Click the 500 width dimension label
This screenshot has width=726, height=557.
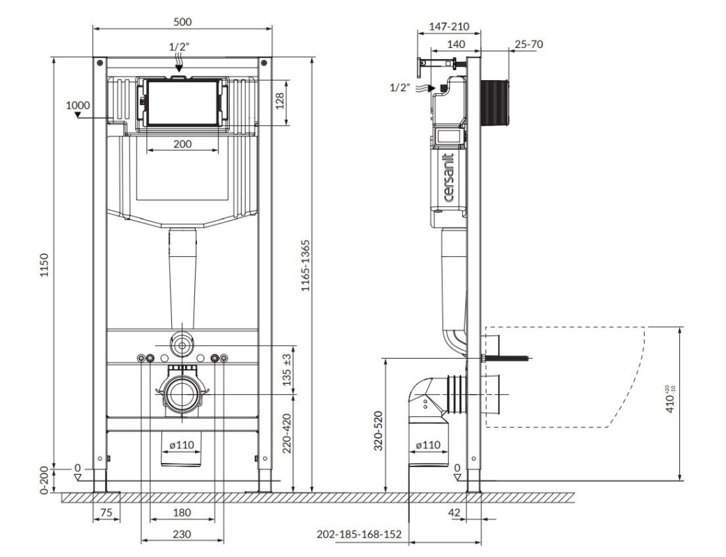182,22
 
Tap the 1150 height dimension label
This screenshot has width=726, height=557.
44,265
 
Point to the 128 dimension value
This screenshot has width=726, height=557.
280,100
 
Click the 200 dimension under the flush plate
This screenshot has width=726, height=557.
182,144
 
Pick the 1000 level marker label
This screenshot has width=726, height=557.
78,105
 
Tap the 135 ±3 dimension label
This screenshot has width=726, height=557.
287,370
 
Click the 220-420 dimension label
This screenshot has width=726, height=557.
287,433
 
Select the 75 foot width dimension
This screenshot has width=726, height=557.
106,512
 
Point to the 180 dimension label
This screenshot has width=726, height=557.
182,512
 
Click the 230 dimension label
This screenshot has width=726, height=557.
182,534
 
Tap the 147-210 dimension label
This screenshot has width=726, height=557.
449,26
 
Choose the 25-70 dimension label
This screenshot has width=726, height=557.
529,44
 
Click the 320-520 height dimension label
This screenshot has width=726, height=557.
379,430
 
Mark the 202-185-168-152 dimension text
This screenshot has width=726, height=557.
359,534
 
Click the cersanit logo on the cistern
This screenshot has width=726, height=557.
448,178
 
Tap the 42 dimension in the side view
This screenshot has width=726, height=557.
455,512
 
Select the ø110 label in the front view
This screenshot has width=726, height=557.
182,446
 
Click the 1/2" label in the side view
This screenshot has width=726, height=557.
400,87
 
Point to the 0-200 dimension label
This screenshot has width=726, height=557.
44,480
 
